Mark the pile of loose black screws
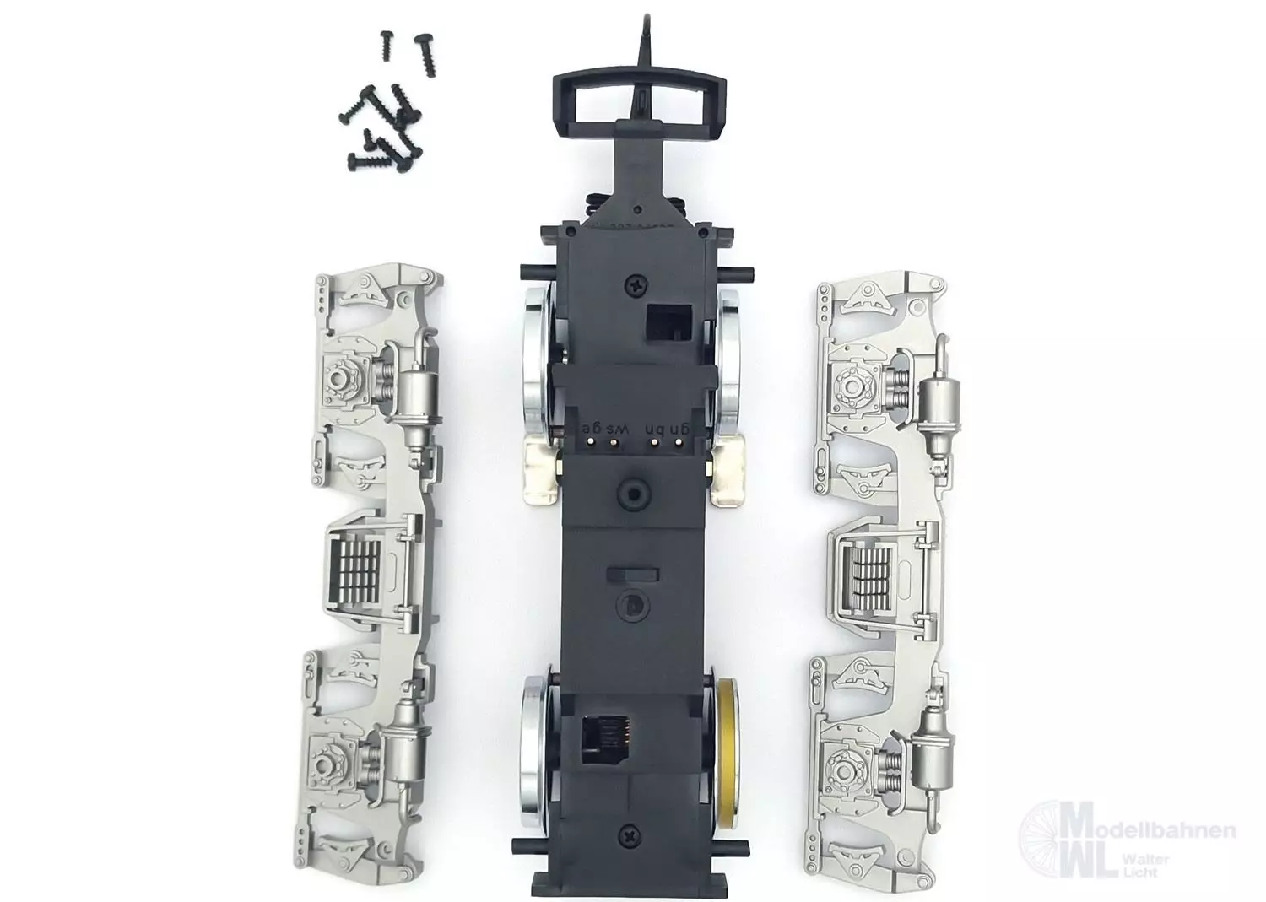pyautogui.click(x=388, y=110)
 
